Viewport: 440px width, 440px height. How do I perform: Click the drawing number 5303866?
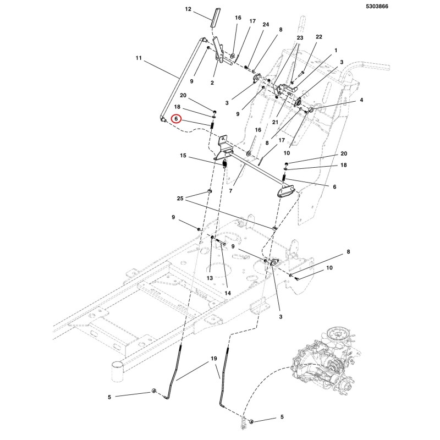377,7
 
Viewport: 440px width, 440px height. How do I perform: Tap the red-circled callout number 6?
176,119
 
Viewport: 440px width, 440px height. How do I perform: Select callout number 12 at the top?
188,9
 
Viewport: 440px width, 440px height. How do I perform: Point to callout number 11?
139,58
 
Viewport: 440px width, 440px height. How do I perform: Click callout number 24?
266,25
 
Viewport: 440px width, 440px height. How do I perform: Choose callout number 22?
319,37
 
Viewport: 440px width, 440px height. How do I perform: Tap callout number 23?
300,37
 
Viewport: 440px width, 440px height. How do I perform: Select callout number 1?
335,51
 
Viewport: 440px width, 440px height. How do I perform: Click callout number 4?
361,100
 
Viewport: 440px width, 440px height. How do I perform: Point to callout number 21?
275,122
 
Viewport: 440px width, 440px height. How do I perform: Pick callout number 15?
183,156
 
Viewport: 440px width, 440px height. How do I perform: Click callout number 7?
230,191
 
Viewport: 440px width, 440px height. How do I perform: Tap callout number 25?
180,199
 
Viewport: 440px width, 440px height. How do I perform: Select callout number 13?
210,278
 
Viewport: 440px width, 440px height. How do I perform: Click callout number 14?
228,293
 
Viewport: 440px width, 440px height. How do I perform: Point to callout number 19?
214,359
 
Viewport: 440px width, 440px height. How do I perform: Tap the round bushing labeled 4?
311,108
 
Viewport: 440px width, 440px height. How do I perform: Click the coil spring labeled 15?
224,163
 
